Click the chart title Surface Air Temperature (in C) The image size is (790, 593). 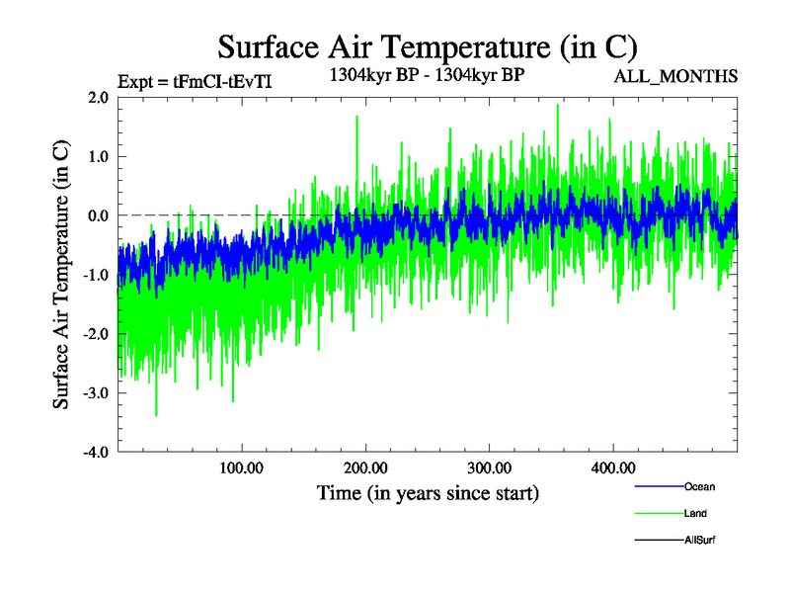(x=428, y=46)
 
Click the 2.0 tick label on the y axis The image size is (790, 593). (x=98, y=97)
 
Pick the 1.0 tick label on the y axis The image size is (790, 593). (x=98, y=156)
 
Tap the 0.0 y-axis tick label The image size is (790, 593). (x=98, y=215)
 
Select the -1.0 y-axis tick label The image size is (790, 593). (x=95, y=275)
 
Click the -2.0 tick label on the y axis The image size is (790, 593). (x=95, y=334)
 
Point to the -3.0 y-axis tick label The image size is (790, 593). (x=95, y=393)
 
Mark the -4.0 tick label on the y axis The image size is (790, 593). (x=95, y=453)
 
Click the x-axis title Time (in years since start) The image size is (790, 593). (x=428, y=491)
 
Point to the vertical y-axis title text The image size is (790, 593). (x=61, y=275)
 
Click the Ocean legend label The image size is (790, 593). (x=699, y=487)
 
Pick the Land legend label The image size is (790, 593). (x=695, y=514)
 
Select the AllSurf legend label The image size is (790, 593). (x=699, y=541)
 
